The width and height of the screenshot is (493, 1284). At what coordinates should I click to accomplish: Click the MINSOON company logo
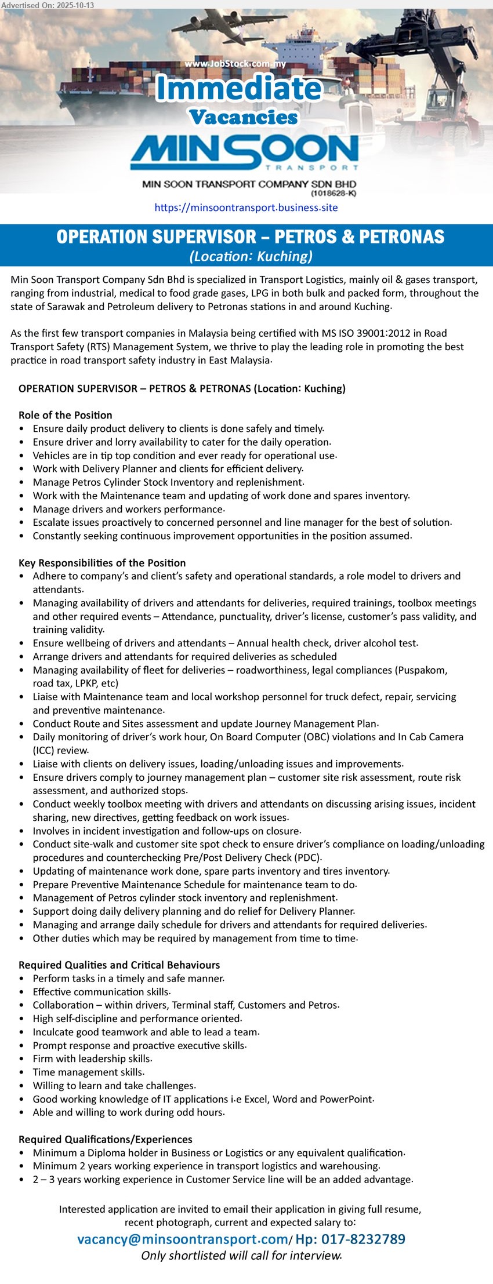point(244,152)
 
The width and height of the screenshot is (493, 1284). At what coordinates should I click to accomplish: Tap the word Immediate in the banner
point(239,89)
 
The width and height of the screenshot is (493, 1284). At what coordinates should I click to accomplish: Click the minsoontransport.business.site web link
point(246,208)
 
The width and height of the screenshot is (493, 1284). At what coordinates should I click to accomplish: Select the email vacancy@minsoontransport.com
point(182,1239)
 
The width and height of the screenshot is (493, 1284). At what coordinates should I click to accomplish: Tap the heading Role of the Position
point(66,415)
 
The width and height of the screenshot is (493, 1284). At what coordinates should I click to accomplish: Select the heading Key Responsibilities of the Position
point(102,563)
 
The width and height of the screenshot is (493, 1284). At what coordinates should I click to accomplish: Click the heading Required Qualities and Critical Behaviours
point(119,965)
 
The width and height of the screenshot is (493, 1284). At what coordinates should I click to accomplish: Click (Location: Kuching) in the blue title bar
point(251,256)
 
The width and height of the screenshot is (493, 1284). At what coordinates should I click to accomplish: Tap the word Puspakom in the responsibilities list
point(422,670)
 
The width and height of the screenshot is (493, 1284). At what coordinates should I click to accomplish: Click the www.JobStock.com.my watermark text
point(235,64)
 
